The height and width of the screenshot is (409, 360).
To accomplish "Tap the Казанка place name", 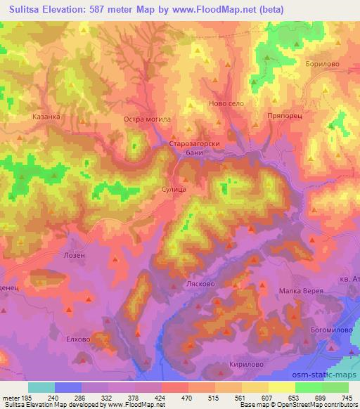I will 46,117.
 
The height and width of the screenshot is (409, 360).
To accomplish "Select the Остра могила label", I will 147,119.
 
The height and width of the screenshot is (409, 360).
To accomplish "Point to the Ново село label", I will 226,103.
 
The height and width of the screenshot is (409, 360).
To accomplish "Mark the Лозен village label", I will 74,255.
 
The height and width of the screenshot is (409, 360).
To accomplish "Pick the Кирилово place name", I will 245,365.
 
